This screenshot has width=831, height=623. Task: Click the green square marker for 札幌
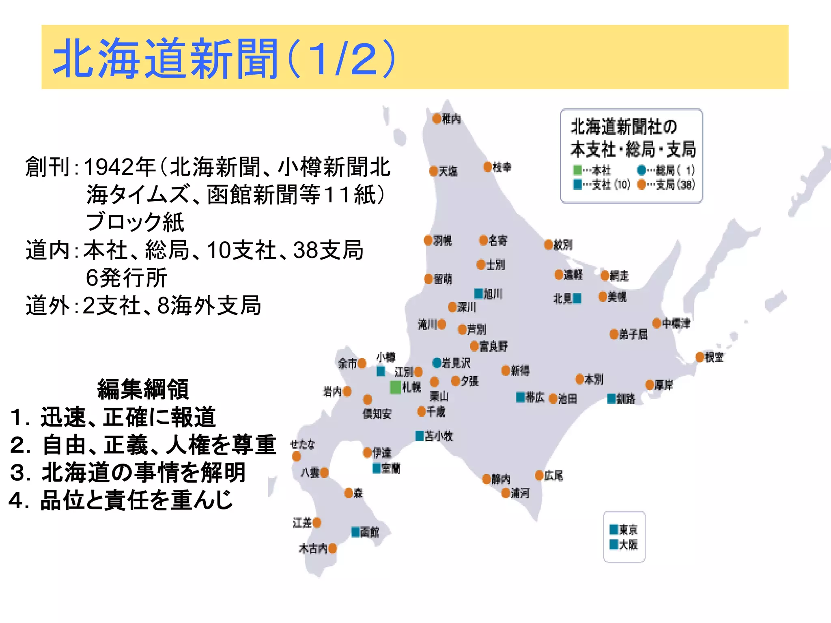[396, 387]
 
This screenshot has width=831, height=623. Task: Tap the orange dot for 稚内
[437, 118]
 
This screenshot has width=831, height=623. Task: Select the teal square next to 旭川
[479, 293]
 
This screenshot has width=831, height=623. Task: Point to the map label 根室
[714, 357]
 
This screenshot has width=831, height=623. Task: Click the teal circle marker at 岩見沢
[437, 363]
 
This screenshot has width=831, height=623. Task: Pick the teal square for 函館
[355, 531]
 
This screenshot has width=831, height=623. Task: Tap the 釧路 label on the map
[626, 399]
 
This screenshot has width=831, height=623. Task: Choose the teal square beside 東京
[614, 529]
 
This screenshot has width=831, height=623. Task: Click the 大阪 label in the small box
[629, 544]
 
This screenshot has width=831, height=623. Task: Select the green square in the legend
[577, 170]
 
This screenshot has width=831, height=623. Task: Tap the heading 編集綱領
[143, 389]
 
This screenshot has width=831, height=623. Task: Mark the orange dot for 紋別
[549, 245]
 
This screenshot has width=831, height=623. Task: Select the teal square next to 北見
[577, 299]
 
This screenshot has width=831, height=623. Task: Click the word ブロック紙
[135, 222]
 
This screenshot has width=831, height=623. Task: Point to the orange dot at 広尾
[539, 475]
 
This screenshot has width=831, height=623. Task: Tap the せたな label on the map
[303, 444]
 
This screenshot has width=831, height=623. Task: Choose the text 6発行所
[126, 277]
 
